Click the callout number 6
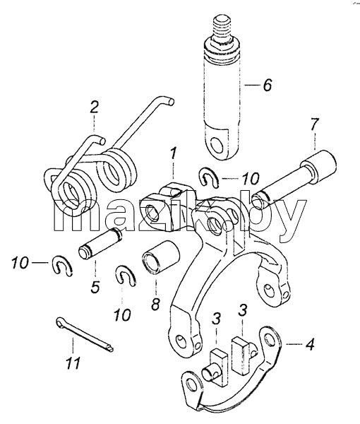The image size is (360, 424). [267, 86]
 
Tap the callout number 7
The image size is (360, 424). [314, 125]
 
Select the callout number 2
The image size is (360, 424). [94, 107]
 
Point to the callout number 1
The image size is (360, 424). [173, 153]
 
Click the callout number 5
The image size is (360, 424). [95, 287]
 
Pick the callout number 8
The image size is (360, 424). [155, 304]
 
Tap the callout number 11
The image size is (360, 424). [73, 363]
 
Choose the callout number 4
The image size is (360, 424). [309, 344]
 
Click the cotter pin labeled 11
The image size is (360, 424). [85, 334]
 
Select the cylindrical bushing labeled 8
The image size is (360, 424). [161, 257]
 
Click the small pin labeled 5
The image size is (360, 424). [100, 243]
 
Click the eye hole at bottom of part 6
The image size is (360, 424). [217, 144]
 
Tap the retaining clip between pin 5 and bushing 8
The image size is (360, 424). [126, 276]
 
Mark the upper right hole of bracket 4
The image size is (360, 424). [270, 338]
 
